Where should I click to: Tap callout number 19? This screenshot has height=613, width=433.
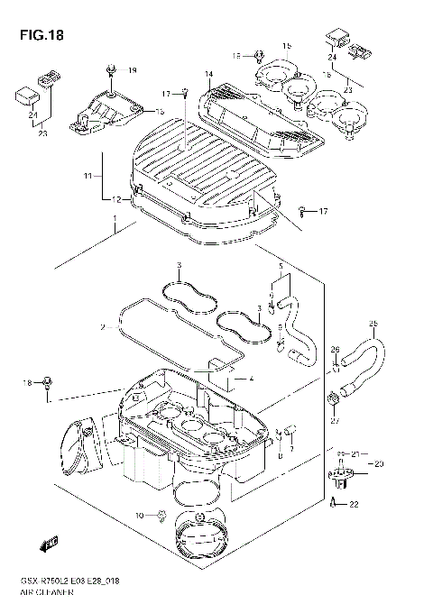coord(132,70)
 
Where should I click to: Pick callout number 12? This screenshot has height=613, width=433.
coord(116,198)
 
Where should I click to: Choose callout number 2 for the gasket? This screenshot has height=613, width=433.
coord(104,327)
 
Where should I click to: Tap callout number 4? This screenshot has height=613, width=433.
coord(252,378)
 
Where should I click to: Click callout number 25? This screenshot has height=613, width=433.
coord(373,325)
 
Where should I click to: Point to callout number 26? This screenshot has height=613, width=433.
coord(334,350)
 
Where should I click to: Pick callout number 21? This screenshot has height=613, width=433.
coord(357,453)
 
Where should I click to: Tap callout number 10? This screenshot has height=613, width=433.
coord(139,515)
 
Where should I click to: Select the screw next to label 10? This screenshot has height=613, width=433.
coord(160,515)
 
